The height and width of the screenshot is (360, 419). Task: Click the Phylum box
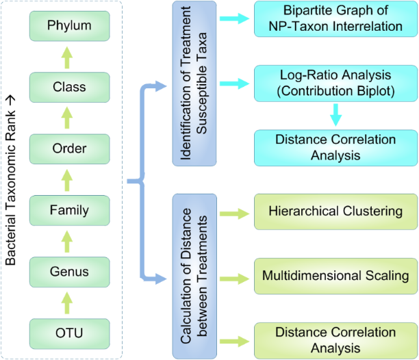pos(68,27)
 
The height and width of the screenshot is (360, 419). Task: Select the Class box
pos(68,88)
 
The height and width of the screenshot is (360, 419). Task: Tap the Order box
pos(68,149)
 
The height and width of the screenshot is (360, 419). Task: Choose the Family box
pos(68,210)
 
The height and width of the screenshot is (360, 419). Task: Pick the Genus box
pos(68,271)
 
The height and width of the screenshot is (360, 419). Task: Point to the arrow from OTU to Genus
pos(68,302)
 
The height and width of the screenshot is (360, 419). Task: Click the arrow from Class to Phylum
pos(68,57)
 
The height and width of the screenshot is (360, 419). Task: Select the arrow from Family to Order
pos(68,179)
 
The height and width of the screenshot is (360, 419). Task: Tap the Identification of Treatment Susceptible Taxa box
pos(194,83)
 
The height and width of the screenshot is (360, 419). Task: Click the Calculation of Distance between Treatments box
pos(194,276)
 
